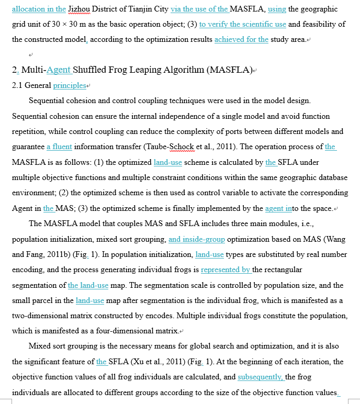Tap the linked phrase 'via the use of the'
(199, 9)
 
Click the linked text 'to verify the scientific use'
(243, 24)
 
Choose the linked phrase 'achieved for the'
(241, 39)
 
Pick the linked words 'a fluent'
(59, 147)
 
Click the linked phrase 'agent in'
(278, 208)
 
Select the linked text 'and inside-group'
(197, 239)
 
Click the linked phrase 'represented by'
(226, 270)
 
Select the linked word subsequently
(260, 377)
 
